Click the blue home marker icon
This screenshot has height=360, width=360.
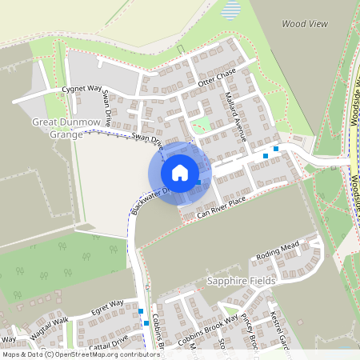(180, 173)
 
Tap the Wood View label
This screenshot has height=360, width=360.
(305, 24)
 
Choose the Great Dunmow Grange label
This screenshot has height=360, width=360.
(57, 128)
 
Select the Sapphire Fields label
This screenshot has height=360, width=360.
(241, 281)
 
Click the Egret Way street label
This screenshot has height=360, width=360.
(108, 305)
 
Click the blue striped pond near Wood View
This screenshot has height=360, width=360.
(231, 10)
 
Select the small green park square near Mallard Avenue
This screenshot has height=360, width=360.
(202, 124)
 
